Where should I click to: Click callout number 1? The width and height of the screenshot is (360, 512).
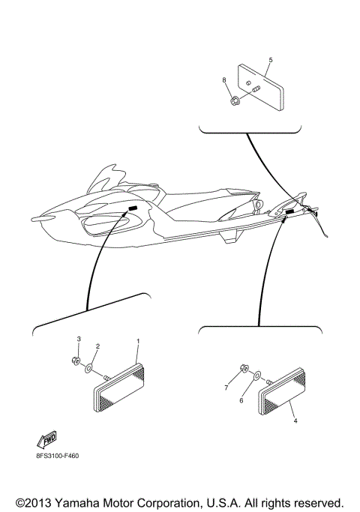(138, 341)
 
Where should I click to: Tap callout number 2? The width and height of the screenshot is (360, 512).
(97, 346)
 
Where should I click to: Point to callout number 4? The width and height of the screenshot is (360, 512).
(295, 421)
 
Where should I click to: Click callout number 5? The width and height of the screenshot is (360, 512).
(270, 59)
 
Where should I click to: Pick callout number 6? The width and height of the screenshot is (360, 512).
(241, 401)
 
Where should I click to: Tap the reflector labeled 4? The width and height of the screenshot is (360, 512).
(286, 395)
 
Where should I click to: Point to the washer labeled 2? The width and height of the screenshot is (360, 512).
(88, 368)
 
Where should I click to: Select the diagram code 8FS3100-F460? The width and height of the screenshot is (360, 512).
(58, 454)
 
